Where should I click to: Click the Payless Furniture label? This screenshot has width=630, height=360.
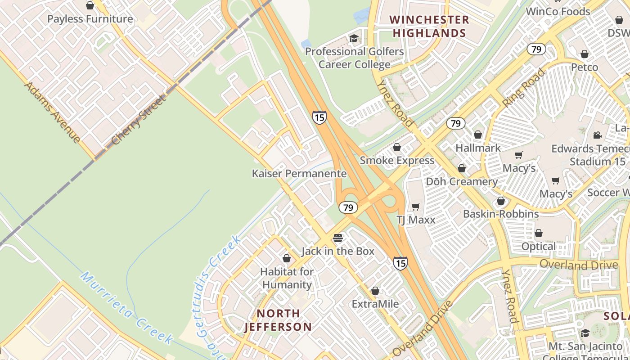coord(90,19)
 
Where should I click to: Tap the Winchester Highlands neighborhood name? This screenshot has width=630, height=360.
coord(429,27)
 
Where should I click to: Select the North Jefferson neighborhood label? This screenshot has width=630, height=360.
coord(278,320)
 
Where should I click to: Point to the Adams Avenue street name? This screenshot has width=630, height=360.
coord(53,112)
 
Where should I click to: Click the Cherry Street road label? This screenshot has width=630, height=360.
coord(139,120)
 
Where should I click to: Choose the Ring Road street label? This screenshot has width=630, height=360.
coord(523,88)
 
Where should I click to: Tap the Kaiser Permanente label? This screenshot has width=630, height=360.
coord(299,174)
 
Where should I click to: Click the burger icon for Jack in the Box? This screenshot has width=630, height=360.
coord(338,238)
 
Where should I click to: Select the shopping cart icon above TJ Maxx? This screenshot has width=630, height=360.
coord(416,207)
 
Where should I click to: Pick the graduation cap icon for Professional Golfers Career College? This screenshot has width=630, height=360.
coord(354,38)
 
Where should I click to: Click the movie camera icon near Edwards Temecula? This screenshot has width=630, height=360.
coord(597,135)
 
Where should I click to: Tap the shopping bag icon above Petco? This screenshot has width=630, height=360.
coord(585,54)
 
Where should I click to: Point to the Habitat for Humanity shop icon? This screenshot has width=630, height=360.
coord(287,258)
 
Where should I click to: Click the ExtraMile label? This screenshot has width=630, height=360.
coord(375,304)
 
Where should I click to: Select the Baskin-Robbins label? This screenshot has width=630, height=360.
coord(501,214)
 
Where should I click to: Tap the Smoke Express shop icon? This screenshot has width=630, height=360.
coord(397,147)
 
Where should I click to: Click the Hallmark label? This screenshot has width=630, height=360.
coord(478,148)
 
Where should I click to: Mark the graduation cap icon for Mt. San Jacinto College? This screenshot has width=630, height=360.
coord(585,333)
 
